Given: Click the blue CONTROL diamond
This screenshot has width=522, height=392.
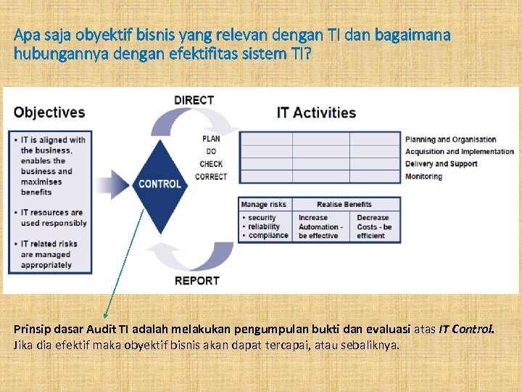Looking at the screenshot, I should tap(159, 184).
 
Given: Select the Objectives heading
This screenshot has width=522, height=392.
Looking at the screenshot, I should tap(49, 113).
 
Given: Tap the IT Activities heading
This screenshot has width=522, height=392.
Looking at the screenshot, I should tap(316, 113).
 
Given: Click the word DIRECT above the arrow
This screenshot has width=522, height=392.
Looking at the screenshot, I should tap(194, 100).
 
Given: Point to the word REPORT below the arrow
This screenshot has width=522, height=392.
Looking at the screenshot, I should tap(196, 281).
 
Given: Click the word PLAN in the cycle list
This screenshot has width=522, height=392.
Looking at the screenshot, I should tap(211, 139).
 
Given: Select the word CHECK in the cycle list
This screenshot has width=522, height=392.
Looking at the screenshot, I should tap(211, 164).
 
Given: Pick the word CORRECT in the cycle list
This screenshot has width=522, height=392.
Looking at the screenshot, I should tap(211, 176).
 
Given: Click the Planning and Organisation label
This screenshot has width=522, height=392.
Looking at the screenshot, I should tap(450, 139).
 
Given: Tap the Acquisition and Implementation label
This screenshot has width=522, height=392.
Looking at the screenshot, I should tap(459, 152).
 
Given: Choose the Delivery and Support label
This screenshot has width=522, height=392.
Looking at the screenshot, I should tap(441, 164).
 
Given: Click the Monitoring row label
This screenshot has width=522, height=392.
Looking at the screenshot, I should tap(423, 176).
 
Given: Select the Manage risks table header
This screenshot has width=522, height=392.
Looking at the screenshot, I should tap(263, 205).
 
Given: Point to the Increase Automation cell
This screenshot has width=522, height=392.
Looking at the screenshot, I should tap(319, 226).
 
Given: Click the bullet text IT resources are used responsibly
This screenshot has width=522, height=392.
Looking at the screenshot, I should tap(52, 218).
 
